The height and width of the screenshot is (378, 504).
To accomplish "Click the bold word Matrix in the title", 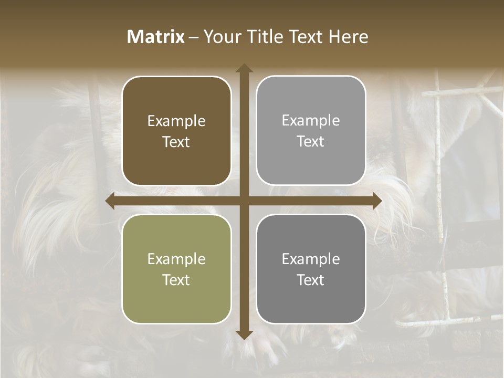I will [x=156, y=37].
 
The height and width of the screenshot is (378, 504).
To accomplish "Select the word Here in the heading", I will [x=349, y=37].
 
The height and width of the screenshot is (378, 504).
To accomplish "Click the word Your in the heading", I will [x=221, y=37].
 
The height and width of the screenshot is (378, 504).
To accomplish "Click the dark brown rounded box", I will [x=176, y=131].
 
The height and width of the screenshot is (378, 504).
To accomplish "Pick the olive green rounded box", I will [x=176, y=269].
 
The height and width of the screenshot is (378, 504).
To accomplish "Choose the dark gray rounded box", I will [x=311, y=269].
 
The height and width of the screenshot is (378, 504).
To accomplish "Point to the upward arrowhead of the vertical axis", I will [x=244, y=68].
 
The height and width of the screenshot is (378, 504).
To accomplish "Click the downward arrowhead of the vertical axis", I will [x=244, y=335].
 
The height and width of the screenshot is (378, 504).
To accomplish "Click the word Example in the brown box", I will [x=176, y=121].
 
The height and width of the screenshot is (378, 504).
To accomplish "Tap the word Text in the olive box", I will [x=176, y=280].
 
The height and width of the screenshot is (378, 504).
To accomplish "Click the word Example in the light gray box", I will [x=311, y=121].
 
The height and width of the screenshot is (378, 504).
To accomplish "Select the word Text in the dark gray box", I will [x=311, y=280].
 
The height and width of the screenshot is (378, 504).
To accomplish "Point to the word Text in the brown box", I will [x=176, y=142].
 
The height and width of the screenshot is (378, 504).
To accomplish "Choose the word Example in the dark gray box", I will [x=311, y=259].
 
